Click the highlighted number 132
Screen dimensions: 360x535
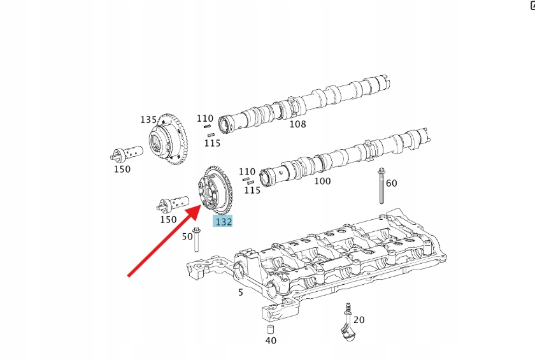224,221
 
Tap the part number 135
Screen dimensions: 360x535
148,120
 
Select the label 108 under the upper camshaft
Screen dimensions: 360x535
297,124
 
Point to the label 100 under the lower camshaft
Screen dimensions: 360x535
323,181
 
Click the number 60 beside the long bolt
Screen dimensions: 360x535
392,183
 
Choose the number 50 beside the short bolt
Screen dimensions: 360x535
187,236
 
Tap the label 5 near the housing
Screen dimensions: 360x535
241,292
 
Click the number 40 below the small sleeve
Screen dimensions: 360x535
271,340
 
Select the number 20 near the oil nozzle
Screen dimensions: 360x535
359,320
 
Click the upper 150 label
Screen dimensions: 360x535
122,169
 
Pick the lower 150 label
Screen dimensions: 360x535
168,220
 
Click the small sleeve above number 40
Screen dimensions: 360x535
269,329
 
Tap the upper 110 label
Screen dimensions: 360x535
204,119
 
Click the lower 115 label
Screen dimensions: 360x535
252,190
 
